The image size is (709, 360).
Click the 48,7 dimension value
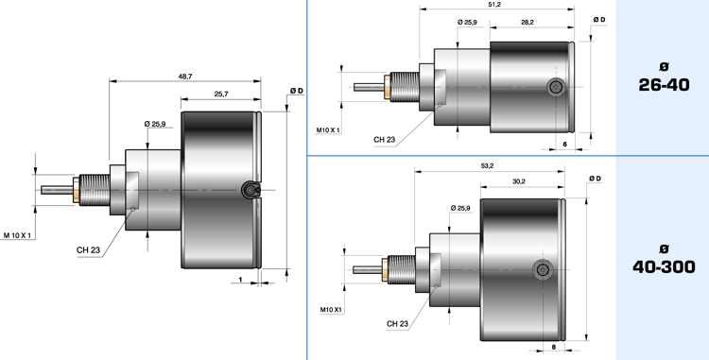click(185, 77)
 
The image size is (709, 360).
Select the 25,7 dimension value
click(221, 94)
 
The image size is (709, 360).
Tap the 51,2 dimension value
click(494, 5)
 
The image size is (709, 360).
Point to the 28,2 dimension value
click(527, 22)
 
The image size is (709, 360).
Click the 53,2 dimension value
click(487, 165)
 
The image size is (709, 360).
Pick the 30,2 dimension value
click(519, 181)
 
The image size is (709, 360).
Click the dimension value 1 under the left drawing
click(240, 280)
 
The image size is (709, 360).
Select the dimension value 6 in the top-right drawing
click(564, 145)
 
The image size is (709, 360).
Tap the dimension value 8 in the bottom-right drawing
click(554, 347)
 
